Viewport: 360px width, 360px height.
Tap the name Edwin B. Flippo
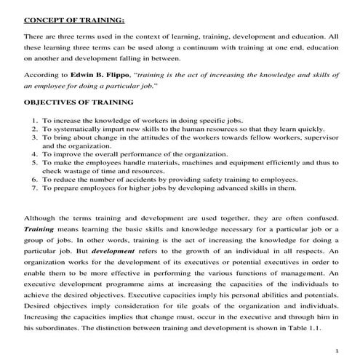pyautogui.click(x=101, y=75)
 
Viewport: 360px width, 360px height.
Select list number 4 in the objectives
pyautogui.click(x=35, y=154)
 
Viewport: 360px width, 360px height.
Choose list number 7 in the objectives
pyautogui.click(x=35, y=188)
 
